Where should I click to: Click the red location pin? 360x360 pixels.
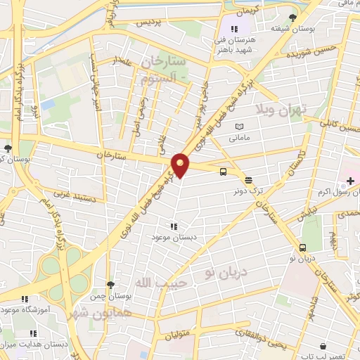point(181,165)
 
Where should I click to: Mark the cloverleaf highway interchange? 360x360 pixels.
point(64,269)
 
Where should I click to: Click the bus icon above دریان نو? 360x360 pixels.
point(302,247)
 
